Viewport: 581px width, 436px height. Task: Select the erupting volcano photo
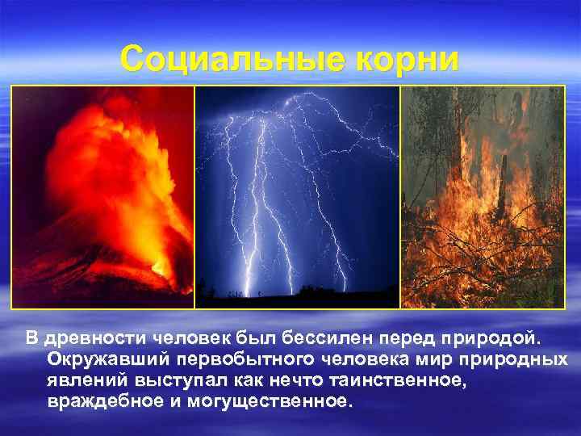[102, 197]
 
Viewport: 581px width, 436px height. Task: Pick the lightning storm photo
[298, 197]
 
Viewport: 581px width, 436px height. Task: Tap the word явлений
[87, 380]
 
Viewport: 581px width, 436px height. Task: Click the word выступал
[178, 380]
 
